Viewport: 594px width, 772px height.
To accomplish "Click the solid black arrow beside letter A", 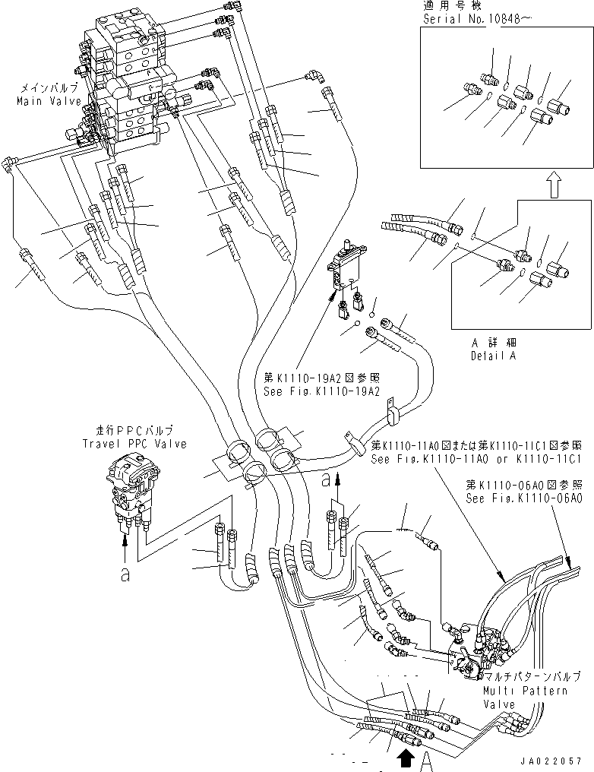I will (x=406, y=755).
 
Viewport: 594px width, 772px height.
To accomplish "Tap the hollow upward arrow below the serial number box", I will (x=555, y=185).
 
